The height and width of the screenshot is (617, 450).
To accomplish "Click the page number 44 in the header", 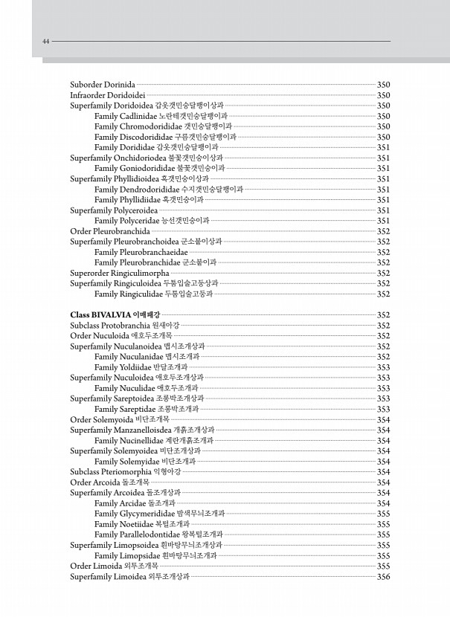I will pos(45,42).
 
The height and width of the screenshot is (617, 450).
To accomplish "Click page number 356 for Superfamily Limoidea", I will pos(384,576).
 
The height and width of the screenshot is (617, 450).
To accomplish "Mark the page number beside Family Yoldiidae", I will pos(384,367).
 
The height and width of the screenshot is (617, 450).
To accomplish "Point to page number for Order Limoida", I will pos(384,566).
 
